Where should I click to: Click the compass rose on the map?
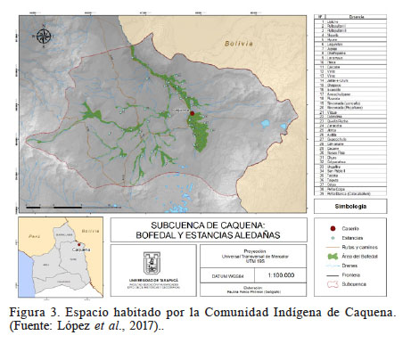click(x=44, y=36)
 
